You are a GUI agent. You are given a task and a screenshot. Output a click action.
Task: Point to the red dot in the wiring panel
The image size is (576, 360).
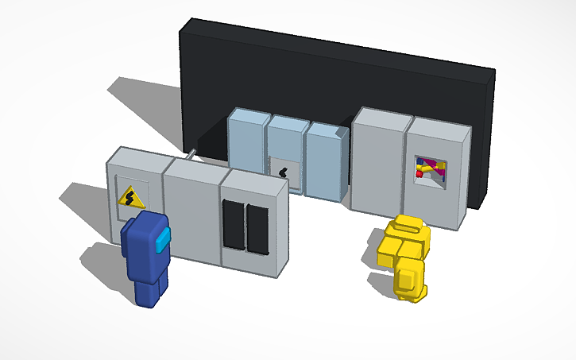[419, 171]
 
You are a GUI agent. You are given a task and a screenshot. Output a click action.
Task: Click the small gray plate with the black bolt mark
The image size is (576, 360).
[284, 169]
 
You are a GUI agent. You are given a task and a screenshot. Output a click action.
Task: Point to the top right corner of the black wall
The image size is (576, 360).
[493, 71]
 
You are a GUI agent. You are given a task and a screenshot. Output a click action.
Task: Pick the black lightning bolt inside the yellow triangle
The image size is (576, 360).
[130, 196]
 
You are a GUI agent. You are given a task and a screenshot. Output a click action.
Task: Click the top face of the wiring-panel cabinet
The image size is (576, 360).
[439, 125]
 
